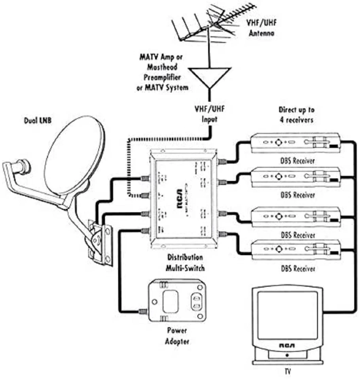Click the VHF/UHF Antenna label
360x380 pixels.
[261, 28]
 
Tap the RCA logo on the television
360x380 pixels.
[287, 345]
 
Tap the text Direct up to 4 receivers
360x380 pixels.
[297, 115]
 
